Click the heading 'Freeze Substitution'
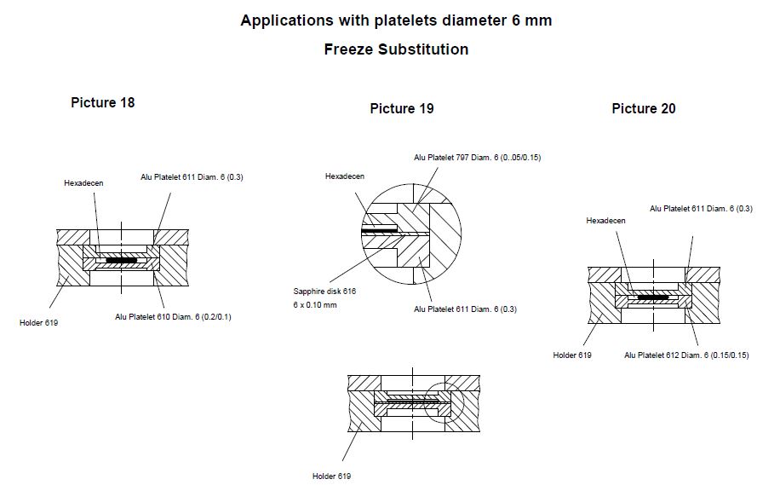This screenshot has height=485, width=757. (x=396, y=49)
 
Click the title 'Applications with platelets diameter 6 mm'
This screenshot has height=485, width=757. (x=396, y=20)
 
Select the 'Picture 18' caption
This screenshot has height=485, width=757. (x=102, y=102)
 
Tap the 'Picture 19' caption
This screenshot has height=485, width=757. (x=401, y=108)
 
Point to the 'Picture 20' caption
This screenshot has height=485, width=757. (x=643, y=108)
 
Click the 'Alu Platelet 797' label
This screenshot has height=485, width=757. (x=478, y=158)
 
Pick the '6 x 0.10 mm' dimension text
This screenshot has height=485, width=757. (x=314, y=304)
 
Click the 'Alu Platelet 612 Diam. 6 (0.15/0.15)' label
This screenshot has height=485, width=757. (x=686, y=355)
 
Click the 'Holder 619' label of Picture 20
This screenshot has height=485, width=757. (x=571, y=355)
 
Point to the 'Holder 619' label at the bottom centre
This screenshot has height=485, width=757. (x=331, y=476)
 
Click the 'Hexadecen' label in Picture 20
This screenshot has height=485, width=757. (x=605, y=221)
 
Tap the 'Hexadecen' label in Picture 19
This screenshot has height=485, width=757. (x=344, y=176)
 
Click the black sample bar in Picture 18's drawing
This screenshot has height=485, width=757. (x=121, y=259)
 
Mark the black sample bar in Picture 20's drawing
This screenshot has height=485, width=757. (x=653, y=297)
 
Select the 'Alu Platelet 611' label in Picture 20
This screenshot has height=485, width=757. (x=701, y=208)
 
